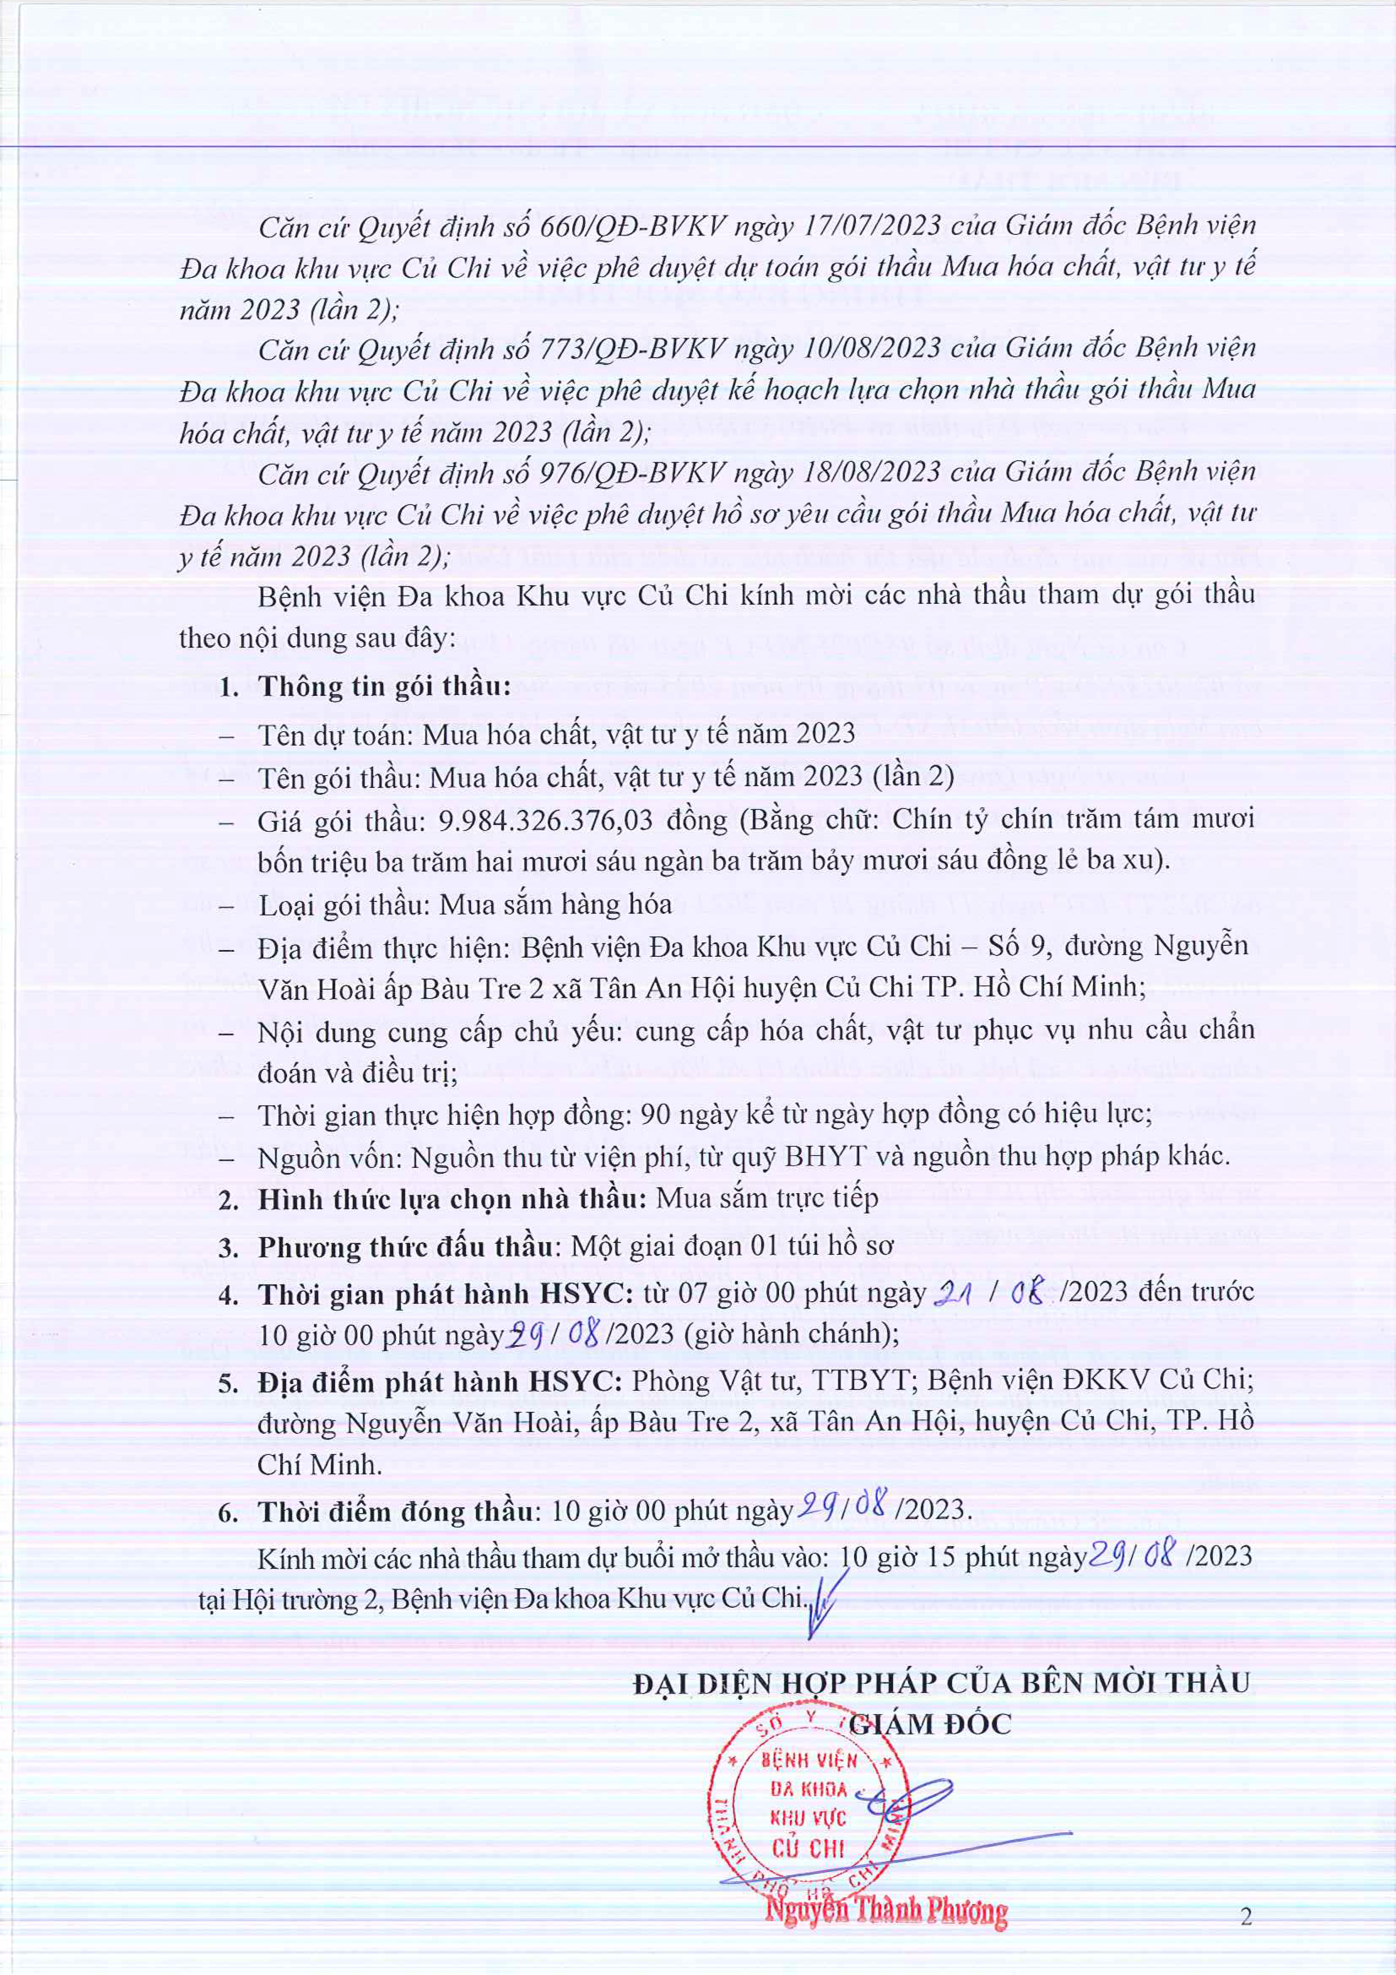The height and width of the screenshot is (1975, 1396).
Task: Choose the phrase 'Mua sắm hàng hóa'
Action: click(x=556, y=905)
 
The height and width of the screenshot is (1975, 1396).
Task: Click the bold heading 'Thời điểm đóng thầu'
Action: click(x=396, y=1512)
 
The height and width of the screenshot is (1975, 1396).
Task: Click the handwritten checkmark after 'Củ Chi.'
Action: click(x=824, y=1602)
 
